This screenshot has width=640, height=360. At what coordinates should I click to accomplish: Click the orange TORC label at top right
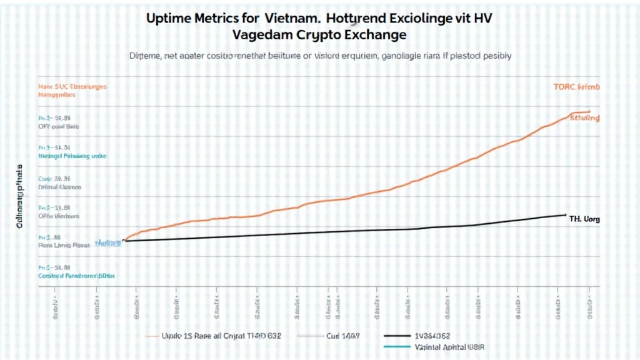click(x=576, y=87)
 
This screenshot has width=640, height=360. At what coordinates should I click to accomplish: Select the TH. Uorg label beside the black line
click(x=584, y=219)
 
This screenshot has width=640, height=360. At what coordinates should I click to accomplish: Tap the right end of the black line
click(x=566, y=215)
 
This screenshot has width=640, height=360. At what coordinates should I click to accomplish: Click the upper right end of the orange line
click(x=589, y=112)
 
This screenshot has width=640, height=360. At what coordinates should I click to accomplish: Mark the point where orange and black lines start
click(x=124, y=241)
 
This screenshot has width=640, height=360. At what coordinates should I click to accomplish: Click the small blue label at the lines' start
click(x=107, y=242)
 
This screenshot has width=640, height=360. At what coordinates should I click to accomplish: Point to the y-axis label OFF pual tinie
click(x=59, y=126)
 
